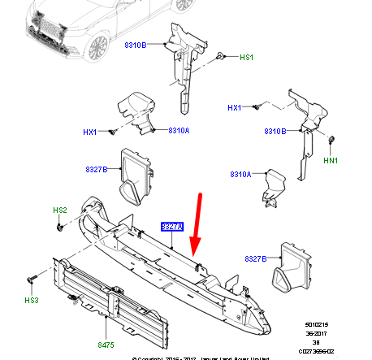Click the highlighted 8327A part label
pyautogui.click(x=173, y=227)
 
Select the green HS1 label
pyautogui.click(x=246, y=58)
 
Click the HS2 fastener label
pyautogui.click(x=60, y=210)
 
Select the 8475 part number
pyautogui.click(x=106, y=345)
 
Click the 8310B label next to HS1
pyautogui.click(x=136, y=46)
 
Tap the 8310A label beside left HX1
pyautogui.click(x=178, y=130)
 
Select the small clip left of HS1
pyautogui.click(x=219, y=56)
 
